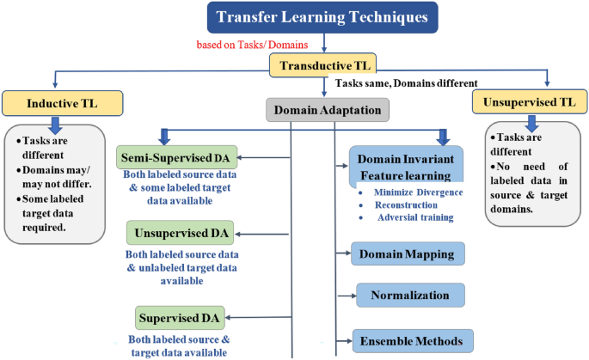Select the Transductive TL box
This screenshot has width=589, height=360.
[323, 65]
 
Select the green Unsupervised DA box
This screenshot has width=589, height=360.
[175, 233]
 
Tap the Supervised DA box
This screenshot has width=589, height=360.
[179, 318]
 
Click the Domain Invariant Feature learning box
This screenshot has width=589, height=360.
[406, 167]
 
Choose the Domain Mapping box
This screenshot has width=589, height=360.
[408, 253]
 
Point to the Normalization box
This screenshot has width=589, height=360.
[410, 295]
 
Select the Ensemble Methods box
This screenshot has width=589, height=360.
[412, 341]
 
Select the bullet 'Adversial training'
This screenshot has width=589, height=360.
[414, 217]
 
